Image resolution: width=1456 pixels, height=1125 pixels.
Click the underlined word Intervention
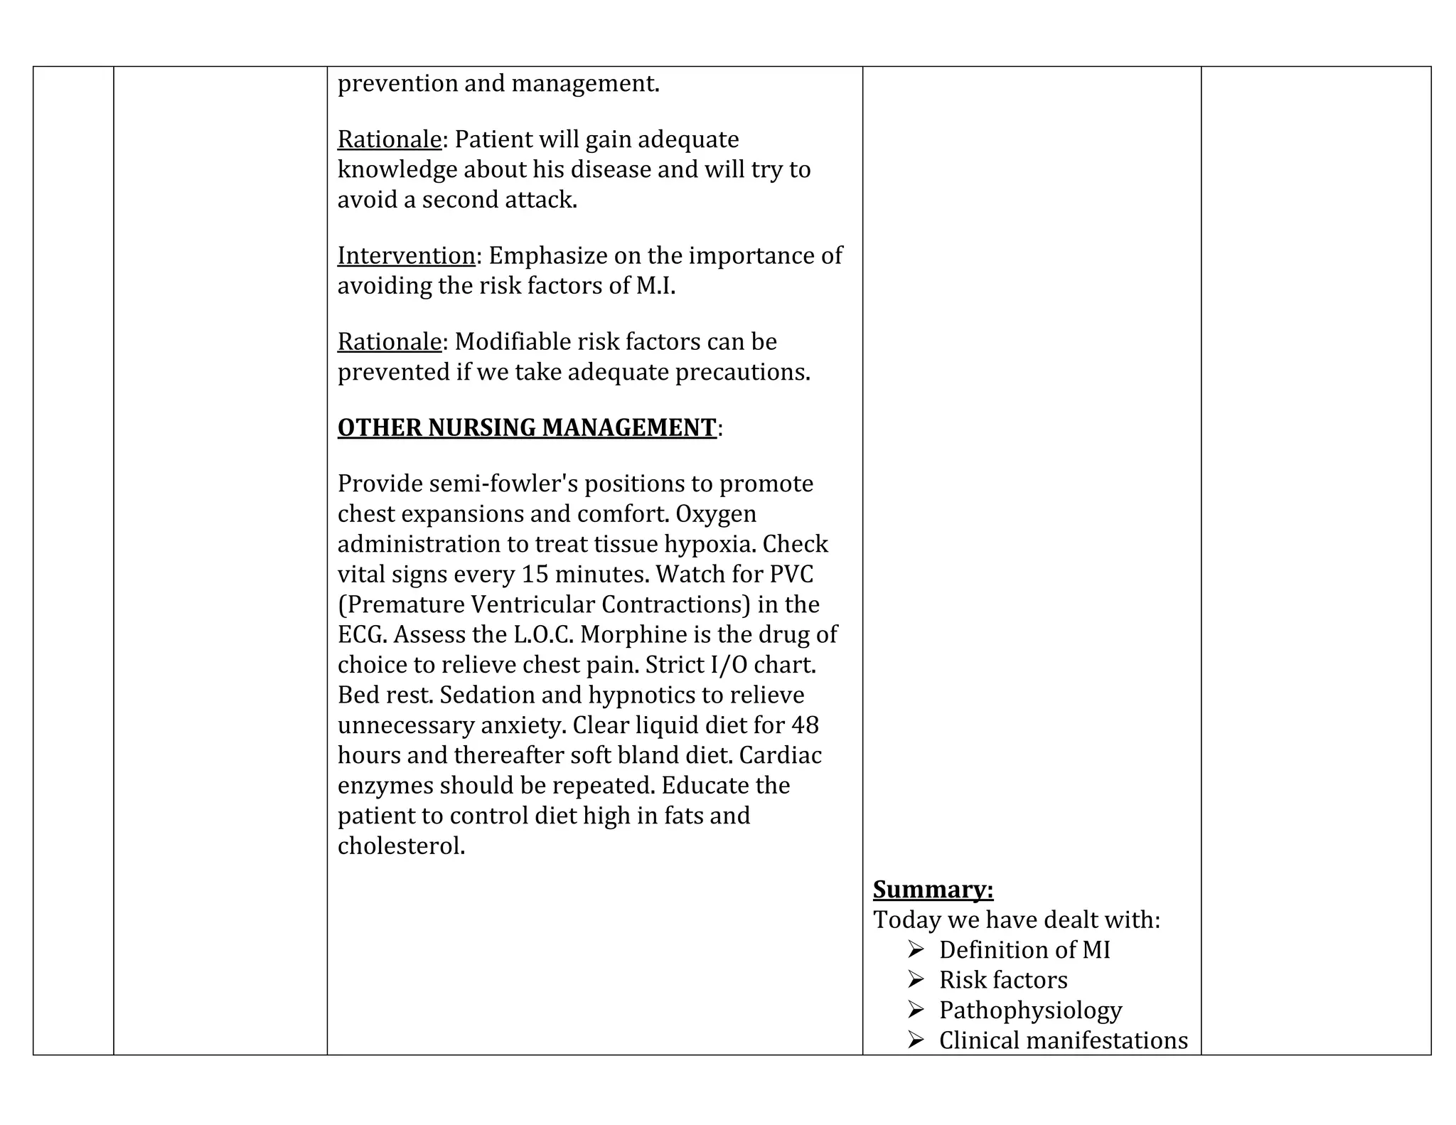click(406, 255)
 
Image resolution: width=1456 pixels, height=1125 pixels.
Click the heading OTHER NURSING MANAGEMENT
click(527, 427)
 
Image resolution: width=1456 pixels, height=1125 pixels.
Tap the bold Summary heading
click(933, 890)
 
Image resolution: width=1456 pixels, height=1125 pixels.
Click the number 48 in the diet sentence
click(804, 725)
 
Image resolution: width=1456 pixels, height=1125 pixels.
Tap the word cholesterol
click(401, 846)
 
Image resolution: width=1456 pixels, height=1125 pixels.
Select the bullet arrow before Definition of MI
click(916, 949)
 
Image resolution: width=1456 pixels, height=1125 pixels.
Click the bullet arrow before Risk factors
click(916, 979)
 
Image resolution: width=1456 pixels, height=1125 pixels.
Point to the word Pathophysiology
click(1030, 1010)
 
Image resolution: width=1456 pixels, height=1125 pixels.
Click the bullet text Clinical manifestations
click(1063, 1040)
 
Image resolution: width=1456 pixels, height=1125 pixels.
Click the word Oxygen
click(716, 513)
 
